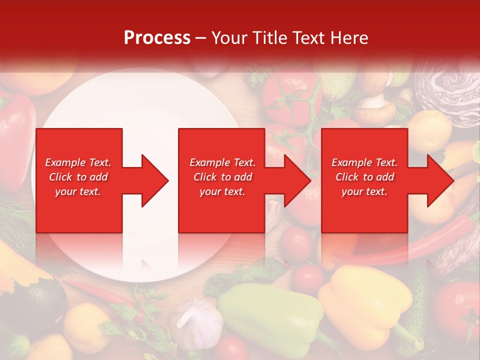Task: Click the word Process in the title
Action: tap(157, 38)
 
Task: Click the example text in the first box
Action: tap(78, 177)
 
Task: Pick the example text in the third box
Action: tap(364, 177)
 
